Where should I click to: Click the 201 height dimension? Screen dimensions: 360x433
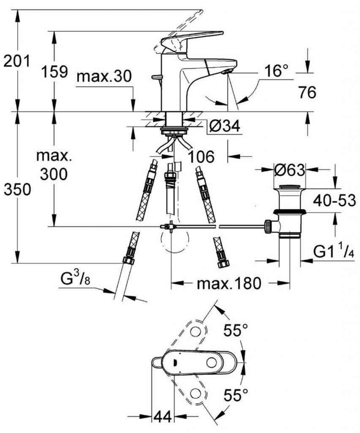(x=16, y=61)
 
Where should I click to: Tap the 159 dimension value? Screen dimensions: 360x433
(x=55, y=72)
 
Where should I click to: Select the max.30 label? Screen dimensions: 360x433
(x=104, y=77)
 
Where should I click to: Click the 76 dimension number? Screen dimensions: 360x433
(x=307, y=92)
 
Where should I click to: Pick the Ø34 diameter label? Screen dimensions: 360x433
(x=224, y=126)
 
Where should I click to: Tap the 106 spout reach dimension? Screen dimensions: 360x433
(x=201, y=157)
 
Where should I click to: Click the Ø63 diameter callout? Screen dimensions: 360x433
(x=290, y=170)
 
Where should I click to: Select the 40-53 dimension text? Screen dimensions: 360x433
(x=334, y=200)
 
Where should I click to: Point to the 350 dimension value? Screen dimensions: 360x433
(x=17, y=190)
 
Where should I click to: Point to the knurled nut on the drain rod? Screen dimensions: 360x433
(x=267, y=227)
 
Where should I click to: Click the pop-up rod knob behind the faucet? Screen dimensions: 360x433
(x=157, y=77)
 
